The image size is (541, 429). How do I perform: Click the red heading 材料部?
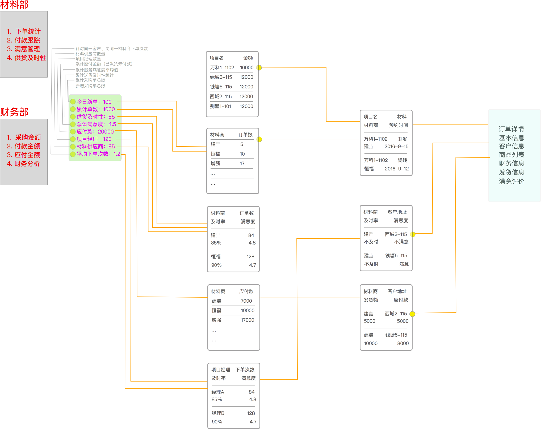(14, 5)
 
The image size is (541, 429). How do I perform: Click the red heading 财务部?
(14, 112)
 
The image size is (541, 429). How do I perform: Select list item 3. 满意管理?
(23, 49)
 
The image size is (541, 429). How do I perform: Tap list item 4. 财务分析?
(23, 164)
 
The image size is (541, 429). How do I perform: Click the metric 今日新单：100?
(94, 102)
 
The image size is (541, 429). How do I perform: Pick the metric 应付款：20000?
(95, 132)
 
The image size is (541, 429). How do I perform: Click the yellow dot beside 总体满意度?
(73, 124)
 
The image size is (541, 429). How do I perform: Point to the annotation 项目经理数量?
(88, 59)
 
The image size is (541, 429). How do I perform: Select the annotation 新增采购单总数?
(90, 86)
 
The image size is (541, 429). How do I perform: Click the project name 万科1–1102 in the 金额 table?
(222, 68)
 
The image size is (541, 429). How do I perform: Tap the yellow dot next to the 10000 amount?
(259, 68)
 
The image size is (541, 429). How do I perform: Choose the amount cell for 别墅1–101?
(246, 106)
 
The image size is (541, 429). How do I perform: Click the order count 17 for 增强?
(242, 164)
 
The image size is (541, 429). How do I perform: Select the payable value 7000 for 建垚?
(246, 301)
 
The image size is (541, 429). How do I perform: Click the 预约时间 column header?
(398, 125)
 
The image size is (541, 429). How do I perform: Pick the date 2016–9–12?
(397, 169)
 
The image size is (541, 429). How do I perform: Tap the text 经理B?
(218, 413)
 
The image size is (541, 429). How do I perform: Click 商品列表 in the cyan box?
(511, 155)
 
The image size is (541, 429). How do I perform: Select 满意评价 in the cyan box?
(511, 182)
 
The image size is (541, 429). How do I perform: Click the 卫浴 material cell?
(402, 139)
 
